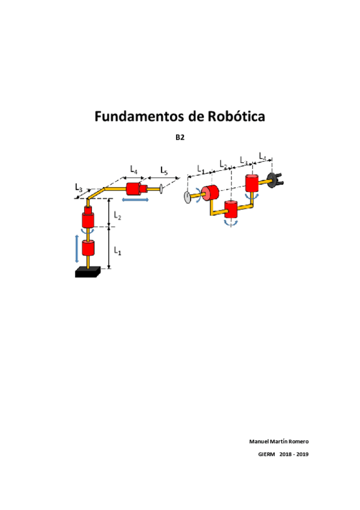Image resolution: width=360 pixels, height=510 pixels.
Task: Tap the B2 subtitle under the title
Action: point(180,138)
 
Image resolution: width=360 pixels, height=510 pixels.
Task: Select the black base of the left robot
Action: point(89,273)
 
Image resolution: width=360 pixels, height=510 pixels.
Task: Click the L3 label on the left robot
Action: point(79,189)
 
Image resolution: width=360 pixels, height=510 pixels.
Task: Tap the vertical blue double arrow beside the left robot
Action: point(76,248)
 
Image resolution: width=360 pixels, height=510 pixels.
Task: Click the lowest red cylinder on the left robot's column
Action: point(89,248)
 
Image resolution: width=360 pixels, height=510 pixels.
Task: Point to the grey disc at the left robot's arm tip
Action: point(162,189)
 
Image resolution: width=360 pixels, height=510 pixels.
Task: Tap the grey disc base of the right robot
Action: point(189,197)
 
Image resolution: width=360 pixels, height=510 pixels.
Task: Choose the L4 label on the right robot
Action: point(263,157)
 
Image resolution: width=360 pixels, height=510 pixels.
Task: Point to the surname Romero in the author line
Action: point(297,441)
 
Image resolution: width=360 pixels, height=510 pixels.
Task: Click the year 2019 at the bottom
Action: point(302,454)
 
